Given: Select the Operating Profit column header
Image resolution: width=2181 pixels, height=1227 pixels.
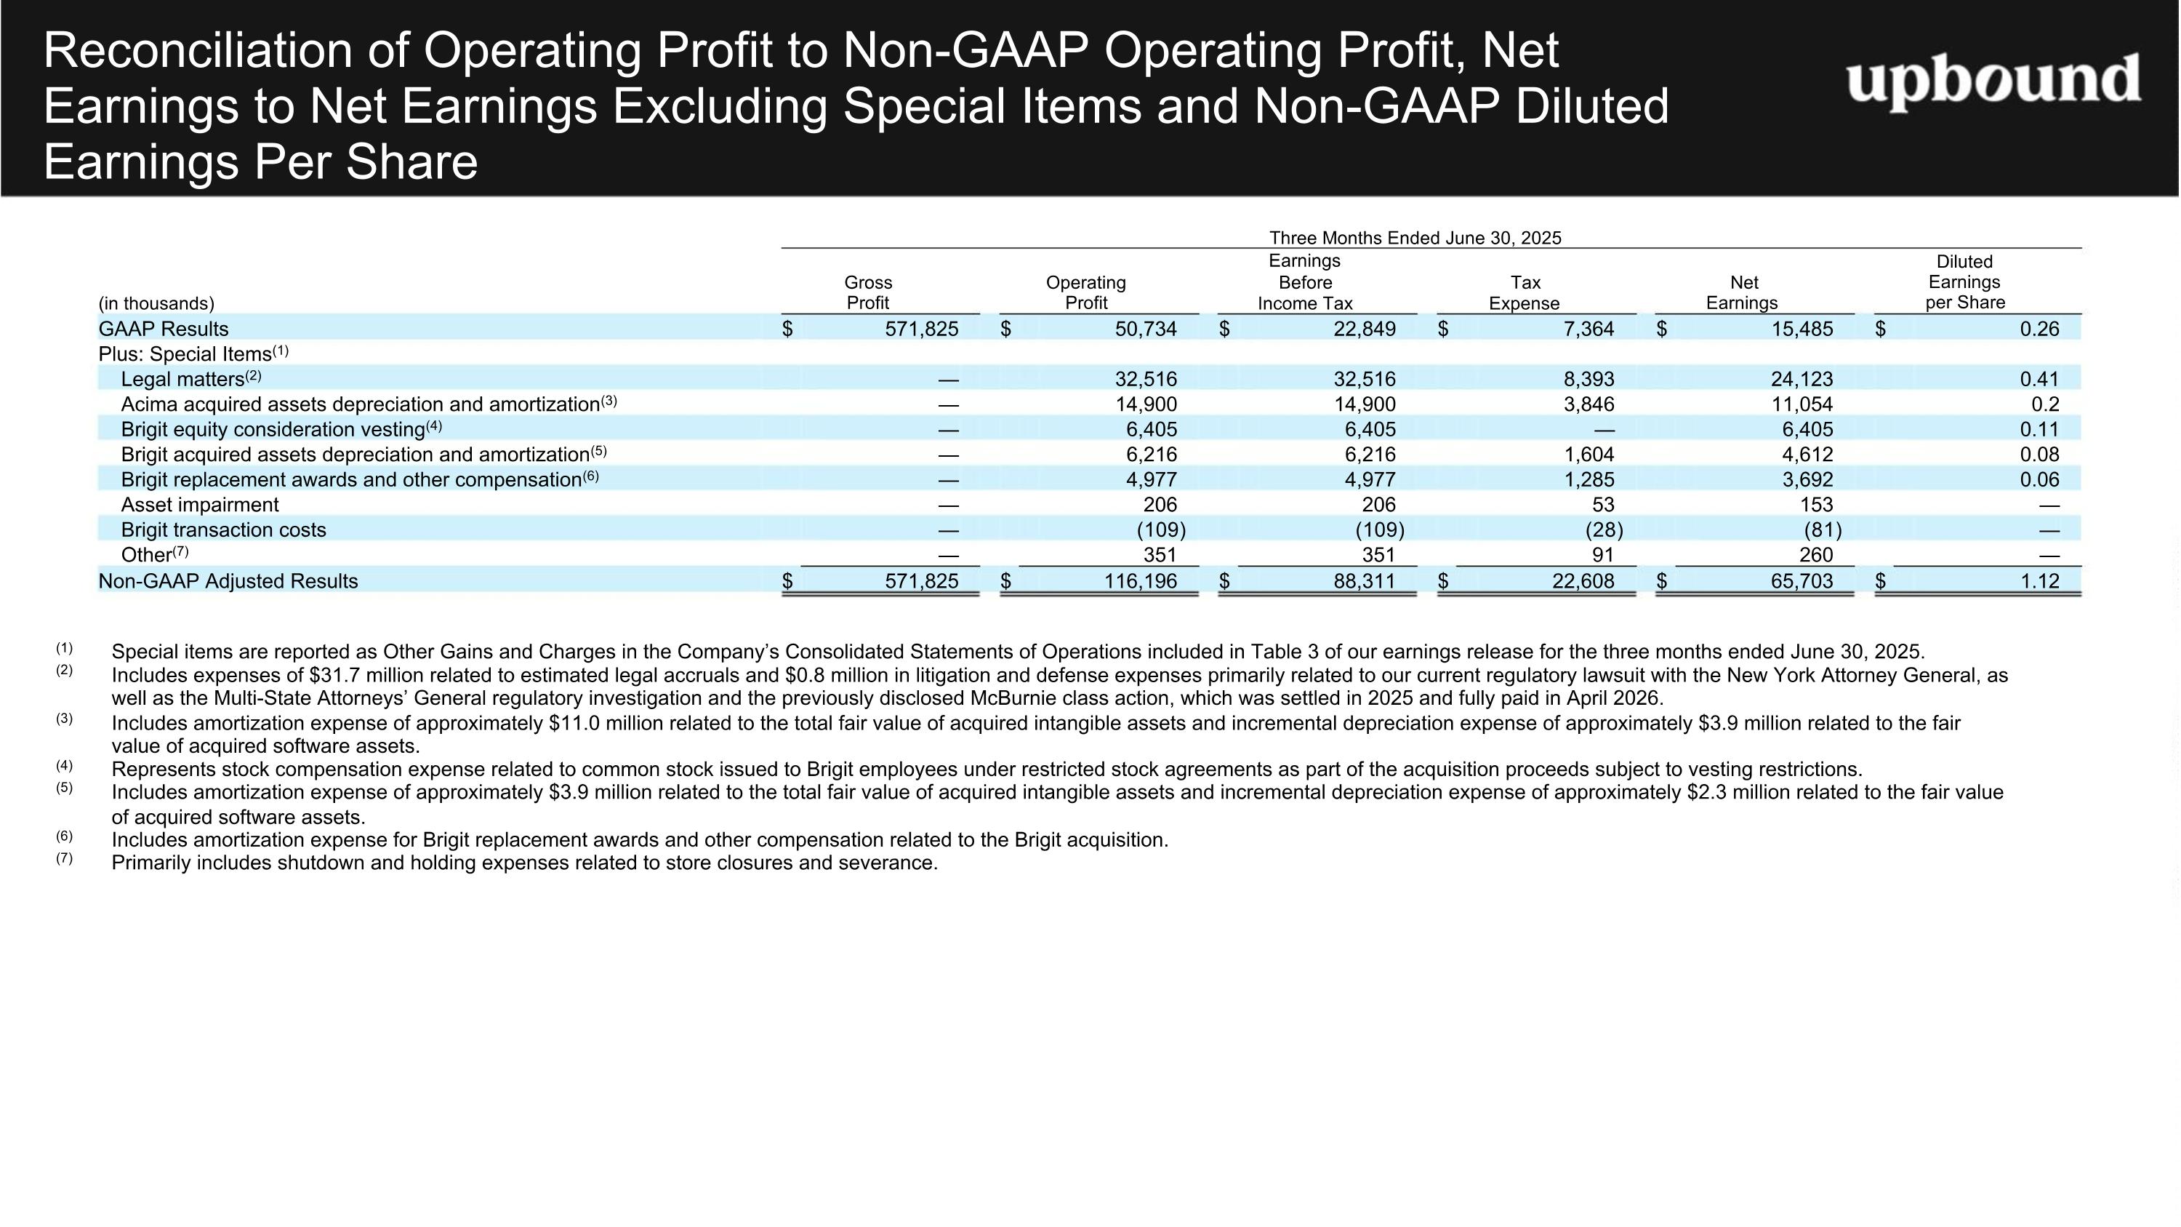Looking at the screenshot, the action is [x=1086, y=292].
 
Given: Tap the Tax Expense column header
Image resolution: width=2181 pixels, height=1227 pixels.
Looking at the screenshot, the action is [x=1524, y=292].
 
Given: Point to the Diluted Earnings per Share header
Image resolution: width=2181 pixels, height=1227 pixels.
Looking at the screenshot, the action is [x=1964, y=282].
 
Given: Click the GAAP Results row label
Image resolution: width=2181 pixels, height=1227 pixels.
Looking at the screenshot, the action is [x=164, y=329].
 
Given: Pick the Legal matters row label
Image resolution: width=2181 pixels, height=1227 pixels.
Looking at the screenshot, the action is [x=183, y=378].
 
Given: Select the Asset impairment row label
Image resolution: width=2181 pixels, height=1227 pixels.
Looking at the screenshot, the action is [x=200, y=505].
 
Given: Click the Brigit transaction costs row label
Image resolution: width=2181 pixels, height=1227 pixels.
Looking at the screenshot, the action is [x=223, y=529].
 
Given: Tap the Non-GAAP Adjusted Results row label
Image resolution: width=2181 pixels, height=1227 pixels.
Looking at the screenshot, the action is [x=228, y=581].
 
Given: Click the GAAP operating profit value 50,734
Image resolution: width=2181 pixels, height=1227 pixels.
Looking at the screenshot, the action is [x=1146, y=329].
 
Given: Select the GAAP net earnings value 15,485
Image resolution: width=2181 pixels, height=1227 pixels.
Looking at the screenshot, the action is [x=1802, y=329].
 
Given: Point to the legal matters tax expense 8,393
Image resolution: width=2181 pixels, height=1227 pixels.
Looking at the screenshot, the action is [x=1588, y=378].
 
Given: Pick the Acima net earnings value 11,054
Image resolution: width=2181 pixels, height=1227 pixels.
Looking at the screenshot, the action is [x=1802, y=404].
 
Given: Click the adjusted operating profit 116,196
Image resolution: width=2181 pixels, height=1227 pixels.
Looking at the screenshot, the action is [x=1140, y=581].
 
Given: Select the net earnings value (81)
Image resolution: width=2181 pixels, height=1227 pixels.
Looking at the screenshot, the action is [x=1823, y=529].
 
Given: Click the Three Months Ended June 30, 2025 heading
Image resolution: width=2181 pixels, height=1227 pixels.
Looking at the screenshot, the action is [x=1415, y=238].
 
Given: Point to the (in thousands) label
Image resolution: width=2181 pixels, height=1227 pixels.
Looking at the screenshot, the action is [x=156, y=303].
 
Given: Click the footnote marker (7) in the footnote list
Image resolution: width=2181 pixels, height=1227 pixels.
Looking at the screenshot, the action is [x=65, y=858].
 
